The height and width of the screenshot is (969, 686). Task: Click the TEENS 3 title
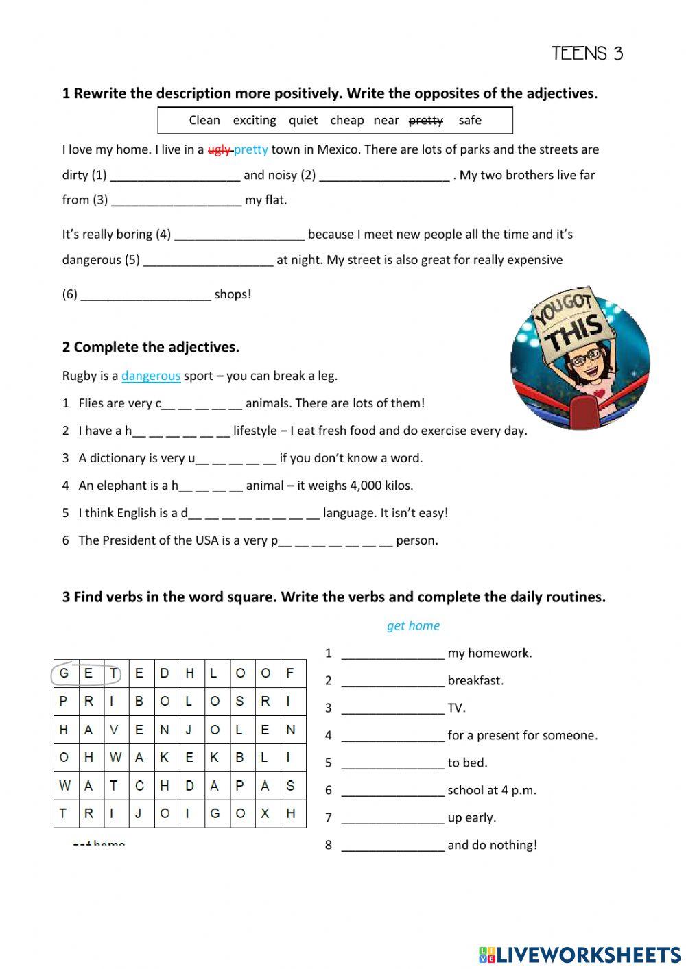(587, 53)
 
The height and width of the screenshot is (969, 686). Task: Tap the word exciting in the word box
(254, 120)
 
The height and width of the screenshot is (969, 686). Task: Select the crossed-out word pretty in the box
(425, 120)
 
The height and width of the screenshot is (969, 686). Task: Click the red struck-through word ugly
(219, 149)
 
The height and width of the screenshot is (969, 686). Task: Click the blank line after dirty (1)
(175, 176)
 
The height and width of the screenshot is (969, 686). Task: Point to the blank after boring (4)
(239, 235)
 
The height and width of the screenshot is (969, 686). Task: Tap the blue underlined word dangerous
(151, 376)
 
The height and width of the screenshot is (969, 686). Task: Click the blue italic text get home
(413, 625)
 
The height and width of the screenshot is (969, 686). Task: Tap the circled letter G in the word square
(64, 673)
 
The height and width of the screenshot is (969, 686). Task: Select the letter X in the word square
(265, 813)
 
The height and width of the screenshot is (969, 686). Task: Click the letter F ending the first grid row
(290, 673)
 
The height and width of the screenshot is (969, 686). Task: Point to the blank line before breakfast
(392, 682)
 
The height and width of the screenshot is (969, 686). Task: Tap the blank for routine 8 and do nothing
(392, 846)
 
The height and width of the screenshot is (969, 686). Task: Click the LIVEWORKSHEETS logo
(580, 954)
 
